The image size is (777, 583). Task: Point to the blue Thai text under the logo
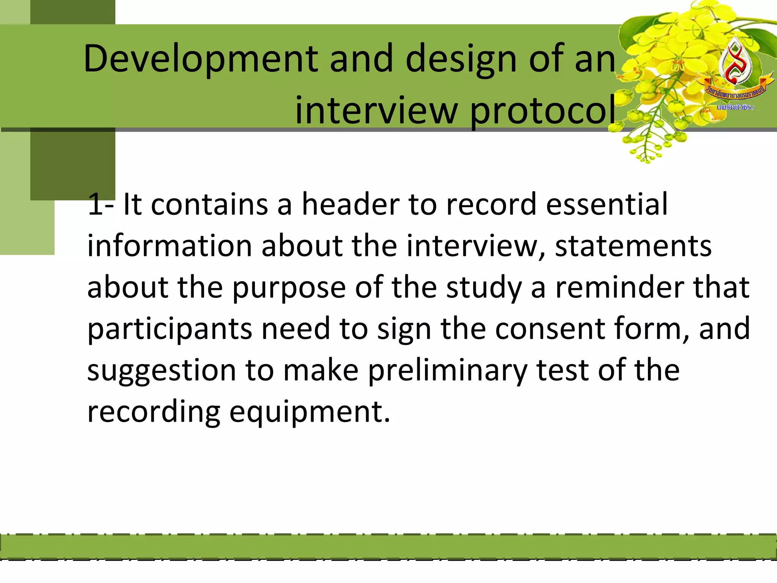pyautogui.click(x=735, y=107)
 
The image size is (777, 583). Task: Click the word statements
pyautogui.click(x=633, y=246)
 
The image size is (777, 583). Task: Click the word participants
pyautogui.click(x=170, y=329)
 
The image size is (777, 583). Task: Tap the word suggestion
pyautogui.click(x=162, y=371)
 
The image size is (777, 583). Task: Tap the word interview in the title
pyautogui.click(x=376, y=110)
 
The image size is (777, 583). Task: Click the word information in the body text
pyautogui.click(x=170, y=246)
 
